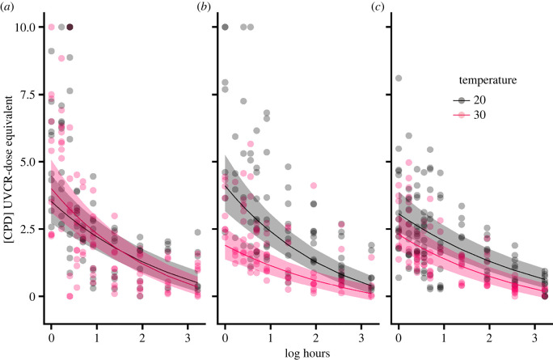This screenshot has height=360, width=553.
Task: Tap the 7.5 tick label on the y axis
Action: tap(28, 95)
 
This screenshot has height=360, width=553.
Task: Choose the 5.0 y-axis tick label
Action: tap(28, 162)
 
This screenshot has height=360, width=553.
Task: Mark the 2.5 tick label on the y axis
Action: tap(28, 229)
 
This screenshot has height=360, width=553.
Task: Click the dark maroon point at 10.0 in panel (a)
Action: tap(70, 28)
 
